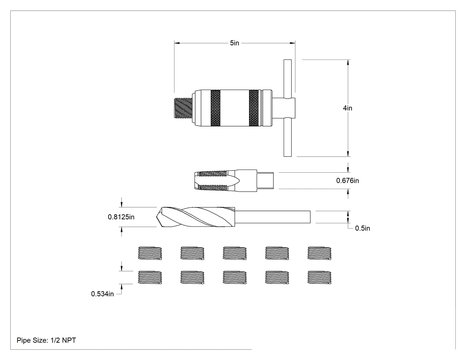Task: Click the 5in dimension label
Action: [x=234, y=43]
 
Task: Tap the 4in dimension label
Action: [x=348, y=108]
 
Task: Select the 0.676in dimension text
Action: [x=348, y=181]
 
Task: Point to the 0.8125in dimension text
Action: [x=121, y=217]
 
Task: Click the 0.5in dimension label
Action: [x=363, y=228]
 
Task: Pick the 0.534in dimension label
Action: [x=102, y=294]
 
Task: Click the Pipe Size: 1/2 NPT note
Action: [x=46, y=340]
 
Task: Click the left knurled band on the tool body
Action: [x=215, y=107]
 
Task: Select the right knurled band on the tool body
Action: [x=253, y=107]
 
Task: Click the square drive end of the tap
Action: [x=265, y=181]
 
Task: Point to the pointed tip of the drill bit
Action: [x=157, y=217]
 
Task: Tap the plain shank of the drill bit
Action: [x=273, y=217]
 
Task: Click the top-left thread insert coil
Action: [x=150, y=253]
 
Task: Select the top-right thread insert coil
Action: [x=320, y=253]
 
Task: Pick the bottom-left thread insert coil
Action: [x=150, y=277]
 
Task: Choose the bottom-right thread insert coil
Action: [x=320, y=277]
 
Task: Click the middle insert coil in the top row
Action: [x=235, y=253]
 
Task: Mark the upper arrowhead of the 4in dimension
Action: [x=348, y=62]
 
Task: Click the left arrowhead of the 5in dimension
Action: [x=177, y=43]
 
